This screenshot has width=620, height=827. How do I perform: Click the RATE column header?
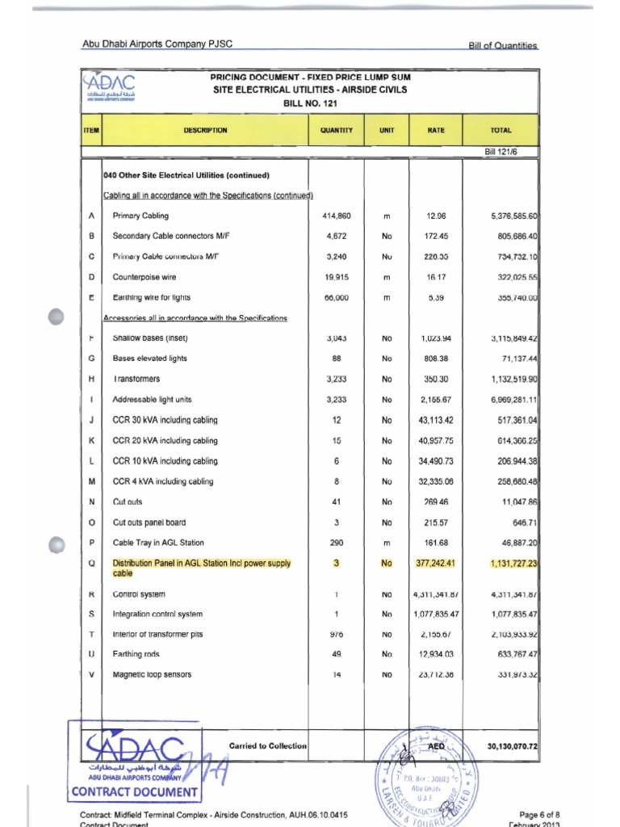click(436, 130)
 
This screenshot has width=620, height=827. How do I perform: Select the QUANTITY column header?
click(336, 130)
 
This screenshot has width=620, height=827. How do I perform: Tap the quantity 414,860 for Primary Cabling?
click(336, 216)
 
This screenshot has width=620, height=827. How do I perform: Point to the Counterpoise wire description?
click(145, 277)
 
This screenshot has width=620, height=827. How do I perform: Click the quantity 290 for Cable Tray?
click(336, 543)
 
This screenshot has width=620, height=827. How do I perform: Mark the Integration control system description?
click(157, 614)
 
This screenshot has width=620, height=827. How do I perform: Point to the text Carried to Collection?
click(267, 745)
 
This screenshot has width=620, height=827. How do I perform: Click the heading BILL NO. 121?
click(309, 104)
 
